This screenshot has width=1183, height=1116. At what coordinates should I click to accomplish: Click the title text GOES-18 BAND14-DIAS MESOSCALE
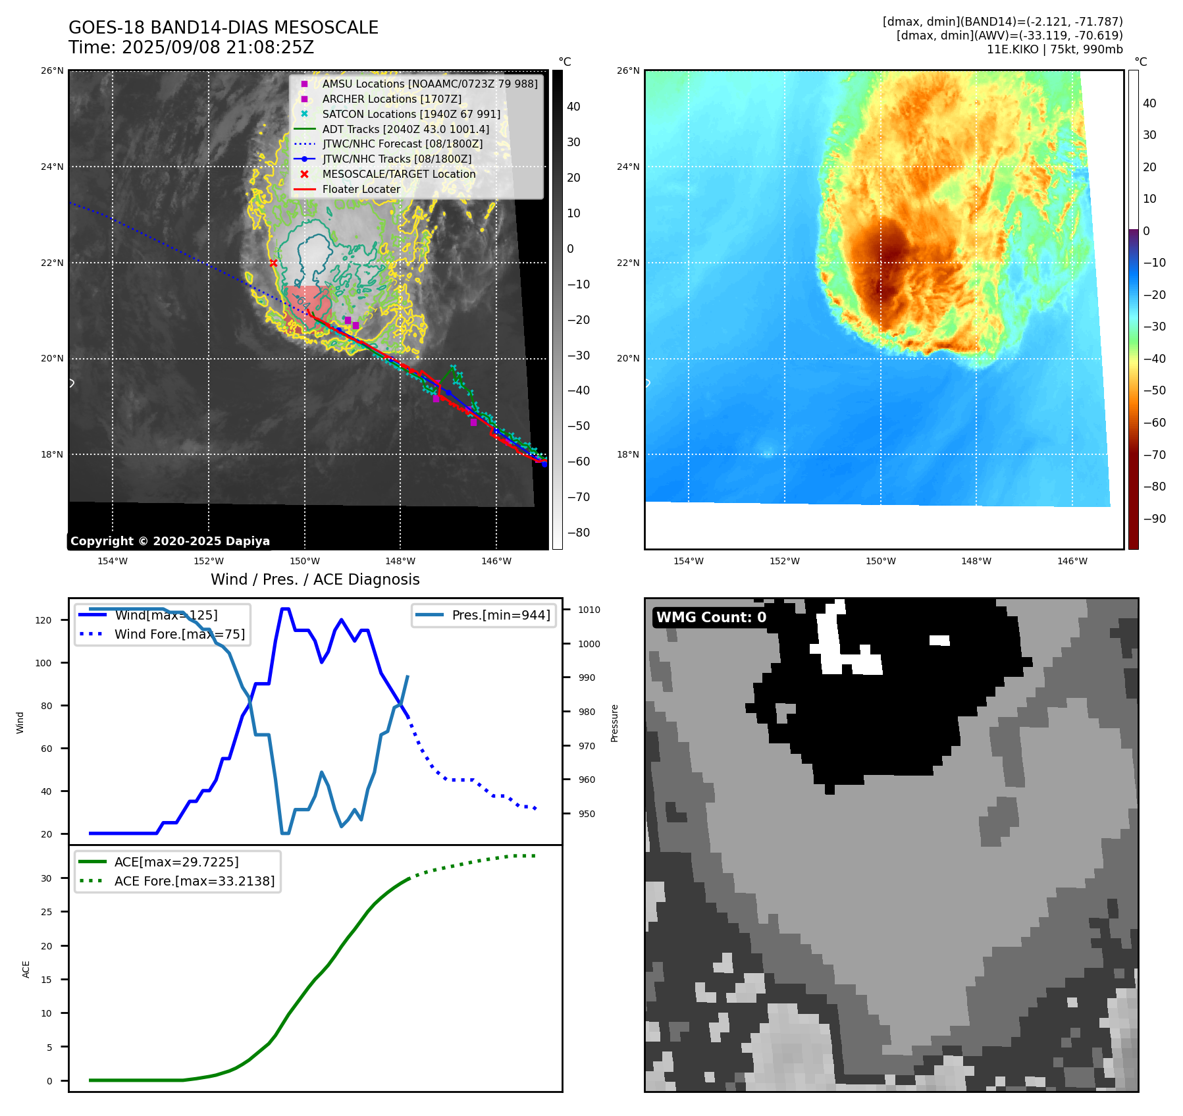tap(223, 28)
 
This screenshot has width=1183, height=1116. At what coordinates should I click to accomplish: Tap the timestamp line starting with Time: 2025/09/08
tap(191, 47)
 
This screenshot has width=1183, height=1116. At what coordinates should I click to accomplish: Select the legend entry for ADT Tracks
tap(405, 129)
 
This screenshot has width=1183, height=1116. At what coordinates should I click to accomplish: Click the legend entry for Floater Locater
tap(361, 189)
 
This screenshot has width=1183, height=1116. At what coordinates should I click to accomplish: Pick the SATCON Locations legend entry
tap(411, 114)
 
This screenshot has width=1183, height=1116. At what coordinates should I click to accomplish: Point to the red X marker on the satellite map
tap(273, 263)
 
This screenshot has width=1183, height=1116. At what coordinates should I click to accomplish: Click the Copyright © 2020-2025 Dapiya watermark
tap(170, 541)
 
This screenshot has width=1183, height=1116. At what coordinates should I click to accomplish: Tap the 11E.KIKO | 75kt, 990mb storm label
tap(1054, 49)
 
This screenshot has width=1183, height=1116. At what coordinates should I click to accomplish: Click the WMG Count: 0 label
tap(711, 618)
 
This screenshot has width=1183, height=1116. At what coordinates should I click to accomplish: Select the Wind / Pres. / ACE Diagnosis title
tap(315, 579)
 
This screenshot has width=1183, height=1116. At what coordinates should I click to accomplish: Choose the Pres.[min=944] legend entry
tap(500, 615)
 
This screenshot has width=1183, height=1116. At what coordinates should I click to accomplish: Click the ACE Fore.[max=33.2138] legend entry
tap(194, 881)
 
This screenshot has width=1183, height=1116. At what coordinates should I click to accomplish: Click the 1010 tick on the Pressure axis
tap(589, 610)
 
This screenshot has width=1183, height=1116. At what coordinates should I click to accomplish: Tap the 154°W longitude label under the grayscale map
tap(113, 561)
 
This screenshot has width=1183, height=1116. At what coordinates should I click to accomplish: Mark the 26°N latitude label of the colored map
tap(628, 71)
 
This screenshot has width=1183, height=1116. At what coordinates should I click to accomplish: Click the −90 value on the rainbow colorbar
tap(1154, 519)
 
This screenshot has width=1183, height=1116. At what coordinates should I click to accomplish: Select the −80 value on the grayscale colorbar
tap(579, 533)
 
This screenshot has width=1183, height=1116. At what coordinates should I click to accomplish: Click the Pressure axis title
tap(614, 723)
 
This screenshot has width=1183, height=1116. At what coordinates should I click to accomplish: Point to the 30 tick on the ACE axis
tap(46, 878)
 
